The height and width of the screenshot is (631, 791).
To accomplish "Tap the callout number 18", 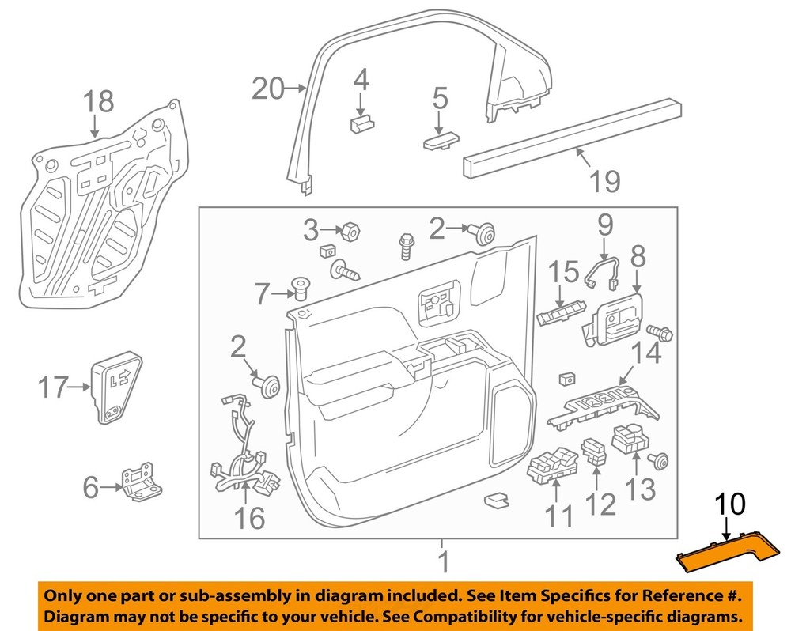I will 99,102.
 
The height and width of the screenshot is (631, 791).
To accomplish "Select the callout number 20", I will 267,89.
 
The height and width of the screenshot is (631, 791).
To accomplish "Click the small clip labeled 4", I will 361,123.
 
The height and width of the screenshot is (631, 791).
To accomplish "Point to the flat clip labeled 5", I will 440,142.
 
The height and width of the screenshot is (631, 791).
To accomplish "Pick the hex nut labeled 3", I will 349,232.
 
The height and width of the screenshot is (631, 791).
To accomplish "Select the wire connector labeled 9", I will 603,269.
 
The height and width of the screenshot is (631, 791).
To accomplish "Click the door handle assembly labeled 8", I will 614,320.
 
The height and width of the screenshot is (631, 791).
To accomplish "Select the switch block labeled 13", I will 634,440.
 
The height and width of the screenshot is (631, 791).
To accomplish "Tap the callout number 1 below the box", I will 443,562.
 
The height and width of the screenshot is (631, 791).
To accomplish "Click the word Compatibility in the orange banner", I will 523,616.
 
